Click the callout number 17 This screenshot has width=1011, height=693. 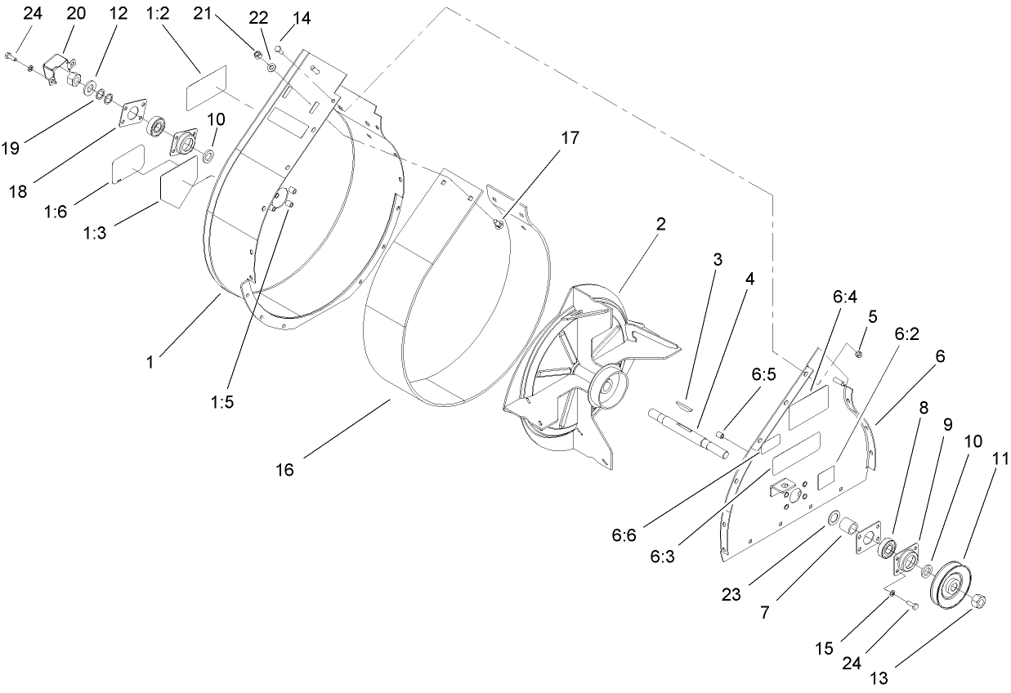tap(570, 138)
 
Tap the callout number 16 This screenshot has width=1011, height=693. tap(284, 470)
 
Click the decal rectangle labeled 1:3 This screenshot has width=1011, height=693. tap(179, 182)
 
